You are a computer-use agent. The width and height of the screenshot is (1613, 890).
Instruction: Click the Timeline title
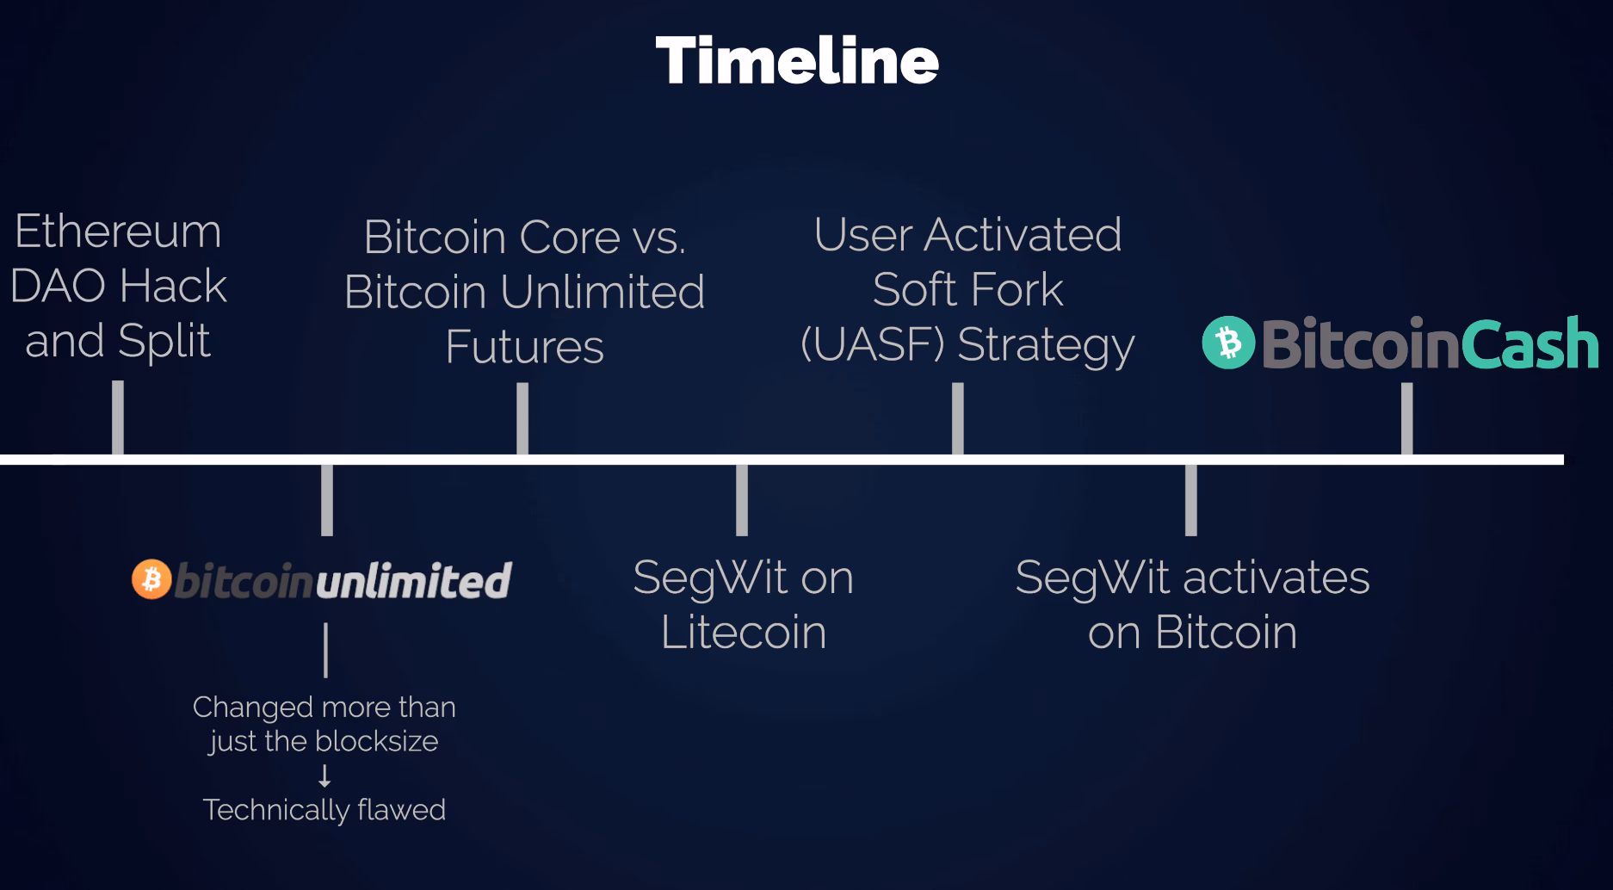tap(796, 60)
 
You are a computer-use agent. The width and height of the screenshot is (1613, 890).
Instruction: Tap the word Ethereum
tap(118, 232)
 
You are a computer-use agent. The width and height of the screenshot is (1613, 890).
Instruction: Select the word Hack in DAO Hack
tap(173, 286)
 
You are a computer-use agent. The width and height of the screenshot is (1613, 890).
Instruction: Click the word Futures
tap(524, 347)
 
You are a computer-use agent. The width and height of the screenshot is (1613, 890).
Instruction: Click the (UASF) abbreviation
tap(872, 344)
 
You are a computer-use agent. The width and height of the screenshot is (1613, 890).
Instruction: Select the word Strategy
tap(1046, 346)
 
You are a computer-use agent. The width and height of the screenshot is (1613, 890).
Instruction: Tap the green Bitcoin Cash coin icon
tap(1228, 343)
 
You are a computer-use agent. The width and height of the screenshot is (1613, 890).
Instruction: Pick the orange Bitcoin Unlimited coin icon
tap(151, 579)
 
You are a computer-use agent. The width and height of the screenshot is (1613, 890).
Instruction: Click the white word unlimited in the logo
tap(413, 580)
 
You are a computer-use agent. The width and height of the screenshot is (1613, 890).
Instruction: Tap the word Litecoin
tap(743, 633)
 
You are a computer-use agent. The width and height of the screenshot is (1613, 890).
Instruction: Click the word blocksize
tap(377, 741)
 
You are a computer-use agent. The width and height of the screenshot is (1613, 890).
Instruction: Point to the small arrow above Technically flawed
tap(324, 776)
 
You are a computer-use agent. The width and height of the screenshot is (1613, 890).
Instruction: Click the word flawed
tap(403, 810)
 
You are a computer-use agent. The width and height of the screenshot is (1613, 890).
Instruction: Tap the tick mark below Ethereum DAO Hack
tap(118, 417)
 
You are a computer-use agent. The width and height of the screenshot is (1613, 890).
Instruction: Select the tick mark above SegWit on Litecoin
tap(742, 499)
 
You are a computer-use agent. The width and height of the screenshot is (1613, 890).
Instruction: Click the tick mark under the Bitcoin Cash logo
tap(1406, 417)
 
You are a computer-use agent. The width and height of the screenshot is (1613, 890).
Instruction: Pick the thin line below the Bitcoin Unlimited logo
tap(325, 650)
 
